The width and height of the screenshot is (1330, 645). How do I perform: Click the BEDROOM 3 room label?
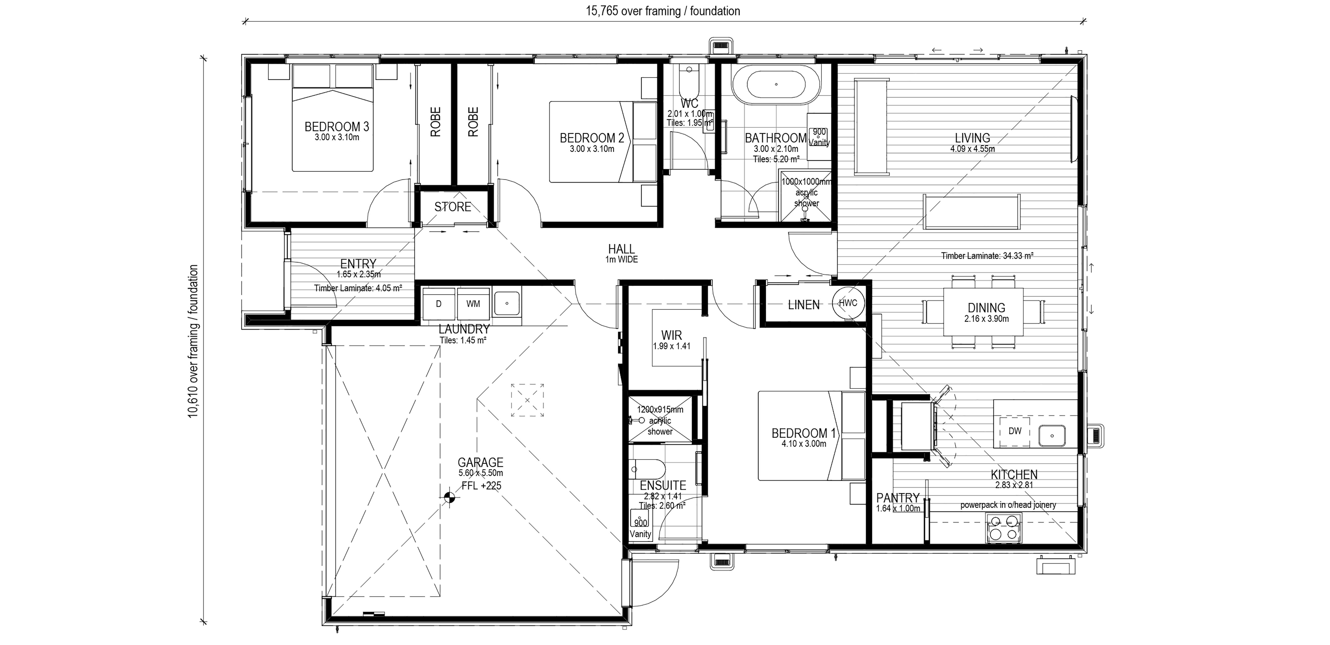coord(337,126)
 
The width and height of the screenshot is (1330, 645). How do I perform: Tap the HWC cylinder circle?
coord(848,303)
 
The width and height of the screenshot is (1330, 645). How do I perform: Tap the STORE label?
coord(453,207)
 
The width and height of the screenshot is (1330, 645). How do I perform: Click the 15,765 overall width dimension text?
coord(662,11)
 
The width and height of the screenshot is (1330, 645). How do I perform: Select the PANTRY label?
coord(898,498)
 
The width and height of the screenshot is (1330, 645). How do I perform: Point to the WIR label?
coord(671,335)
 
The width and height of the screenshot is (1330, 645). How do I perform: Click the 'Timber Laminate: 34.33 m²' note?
coord(987,255)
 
